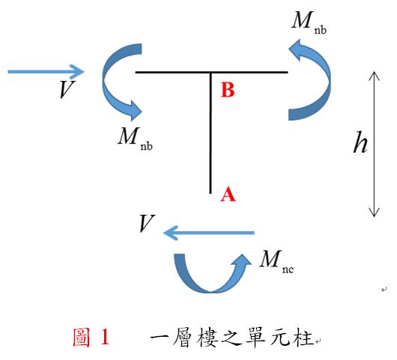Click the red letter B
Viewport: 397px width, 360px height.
click(x=228, y=90)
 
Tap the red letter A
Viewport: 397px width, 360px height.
click(x=228, y=195)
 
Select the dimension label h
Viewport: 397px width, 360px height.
click(x=360, y=142)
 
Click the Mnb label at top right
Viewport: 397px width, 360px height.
click(x=309, y=22)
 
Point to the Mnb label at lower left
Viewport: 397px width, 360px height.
click(x=136, y=138)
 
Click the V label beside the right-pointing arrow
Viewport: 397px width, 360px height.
click(x=67, y=89)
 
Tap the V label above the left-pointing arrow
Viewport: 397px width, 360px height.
click(x=147, y=223)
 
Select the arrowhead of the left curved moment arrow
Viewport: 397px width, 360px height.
click(x=135, y=111)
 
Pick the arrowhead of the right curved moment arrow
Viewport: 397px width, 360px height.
click(x=296, y=49)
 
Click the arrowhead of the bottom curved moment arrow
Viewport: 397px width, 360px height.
click(x=242, y=260)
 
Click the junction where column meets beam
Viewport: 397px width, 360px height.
click(x=210, y=73)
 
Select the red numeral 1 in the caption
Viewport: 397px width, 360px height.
click(x=106, y=337)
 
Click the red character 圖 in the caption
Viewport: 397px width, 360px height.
click(x=82, y=337)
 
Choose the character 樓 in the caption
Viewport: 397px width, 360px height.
click(x=207, y=338)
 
